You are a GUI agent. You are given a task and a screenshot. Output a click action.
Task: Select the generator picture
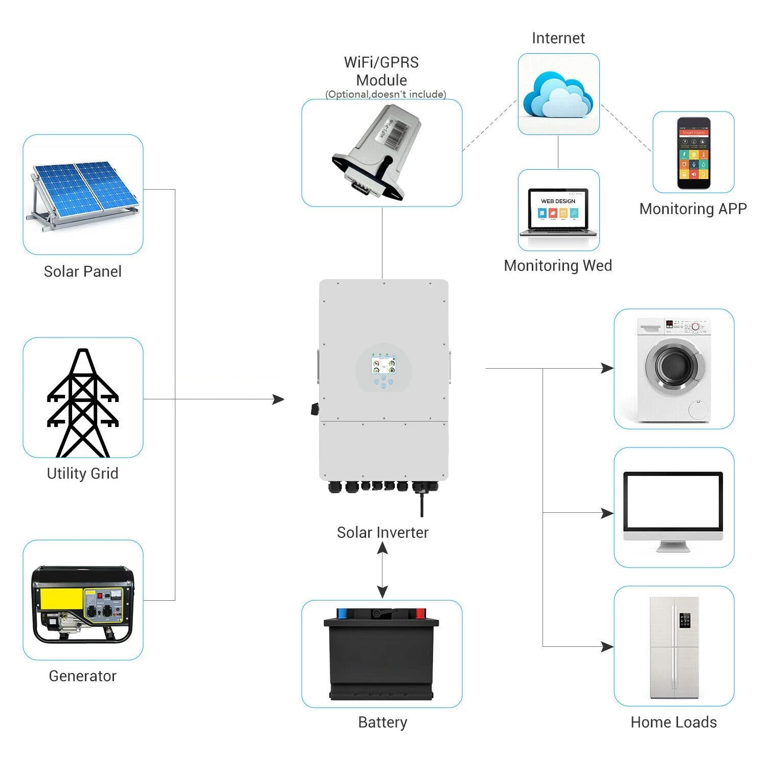pyautogui.click(x=83, y=603)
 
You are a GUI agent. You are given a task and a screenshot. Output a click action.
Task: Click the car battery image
pyautogui.click(x=381, y=655)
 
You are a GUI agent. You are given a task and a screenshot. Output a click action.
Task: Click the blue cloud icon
pyautogui.click(x=558, y=96)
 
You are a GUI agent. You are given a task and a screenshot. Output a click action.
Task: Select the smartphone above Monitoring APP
pyautogui.click(x=693, y=153)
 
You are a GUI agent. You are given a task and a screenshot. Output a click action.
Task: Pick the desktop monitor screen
pyautogui.click(x=673, y=504)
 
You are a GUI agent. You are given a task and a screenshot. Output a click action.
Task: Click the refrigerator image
pyautogui.click(x=674, y=647)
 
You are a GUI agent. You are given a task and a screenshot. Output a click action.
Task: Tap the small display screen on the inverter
pyautogui.click(x=383, y=366)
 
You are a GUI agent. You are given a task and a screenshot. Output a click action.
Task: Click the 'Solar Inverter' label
pyautogui.click(x=382, y=532)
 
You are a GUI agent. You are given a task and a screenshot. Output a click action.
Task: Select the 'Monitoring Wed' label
pyautogui.click(x=558, y=265)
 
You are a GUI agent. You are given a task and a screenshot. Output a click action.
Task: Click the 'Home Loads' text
pyautogui.click(x=673, y=722)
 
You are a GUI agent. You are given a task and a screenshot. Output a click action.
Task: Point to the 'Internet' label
pyautogui.click(x=558, y=38)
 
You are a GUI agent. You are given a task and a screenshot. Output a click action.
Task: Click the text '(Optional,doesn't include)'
pyautogui.click(x=386, y=94)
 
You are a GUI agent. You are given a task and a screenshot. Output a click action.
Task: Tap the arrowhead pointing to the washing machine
pyautogui.click(x=607, y=368)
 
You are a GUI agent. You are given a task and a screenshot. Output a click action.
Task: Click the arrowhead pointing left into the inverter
pyautogui.click(x=279, y=399)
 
